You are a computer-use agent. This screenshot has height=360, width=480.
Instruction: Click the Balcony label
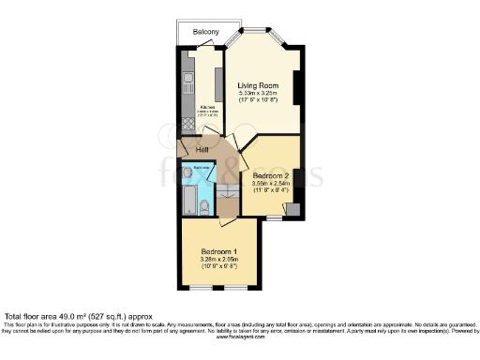tap(206, 32)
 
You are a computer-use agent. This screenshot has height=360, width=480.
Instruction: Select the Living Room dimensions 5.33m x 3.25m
tap(258, 93)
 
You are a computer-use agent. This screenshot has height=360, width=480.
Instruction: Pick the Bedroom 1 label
tap(218, 251)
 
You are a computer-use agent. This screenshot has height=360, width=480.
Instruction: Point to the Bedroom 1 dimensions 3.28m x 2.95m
tap(218, 260)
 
